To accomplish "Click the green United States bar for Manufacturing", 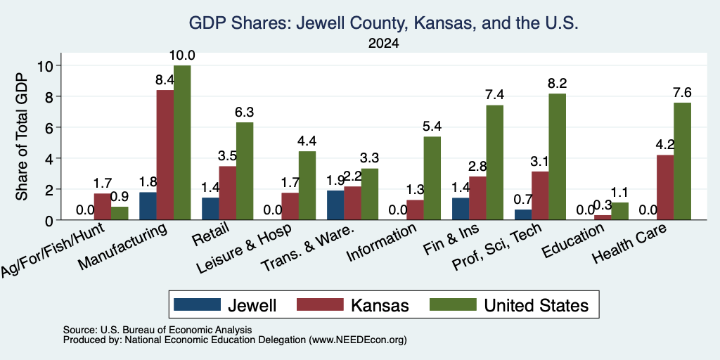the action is click(x=182, y=143).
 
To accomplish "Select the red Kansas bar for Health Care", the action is click(x=665, y=188).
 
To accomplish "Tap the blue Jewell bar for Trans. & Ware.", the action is click(x=335, y=205).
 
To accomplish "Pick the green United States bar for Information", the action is click(x=432, y=179).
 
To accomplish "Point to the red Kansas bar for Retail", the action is click(x=228, y=193).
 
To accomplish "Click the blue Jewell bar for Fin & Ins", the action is click(x=461, y=209).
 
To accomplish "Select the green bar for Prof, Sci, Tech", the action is click(x=557, y=157).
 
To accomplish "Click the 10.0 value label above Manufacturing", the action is click(x=182, y=56).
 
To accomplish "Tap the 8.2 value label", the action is click(x=557, y=84).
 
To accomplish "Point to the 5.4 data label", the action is click(x=432, y=127).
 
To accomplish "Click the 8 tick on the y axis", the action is click(x=51, y=96).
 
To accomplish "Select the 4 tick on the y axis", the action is click(x=51, y=158).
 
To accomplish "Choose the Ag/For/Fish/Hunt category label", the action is click(x=53, y=250).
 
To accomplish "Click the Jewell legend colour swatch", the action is click(x=197, y=304).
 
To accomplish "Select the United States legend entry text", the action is click(x=536, y=305).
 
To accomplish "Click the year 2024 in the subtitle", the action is click(x=383, y=44).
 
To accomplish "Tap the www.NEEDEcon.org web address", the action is click(x=358, y=340).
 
